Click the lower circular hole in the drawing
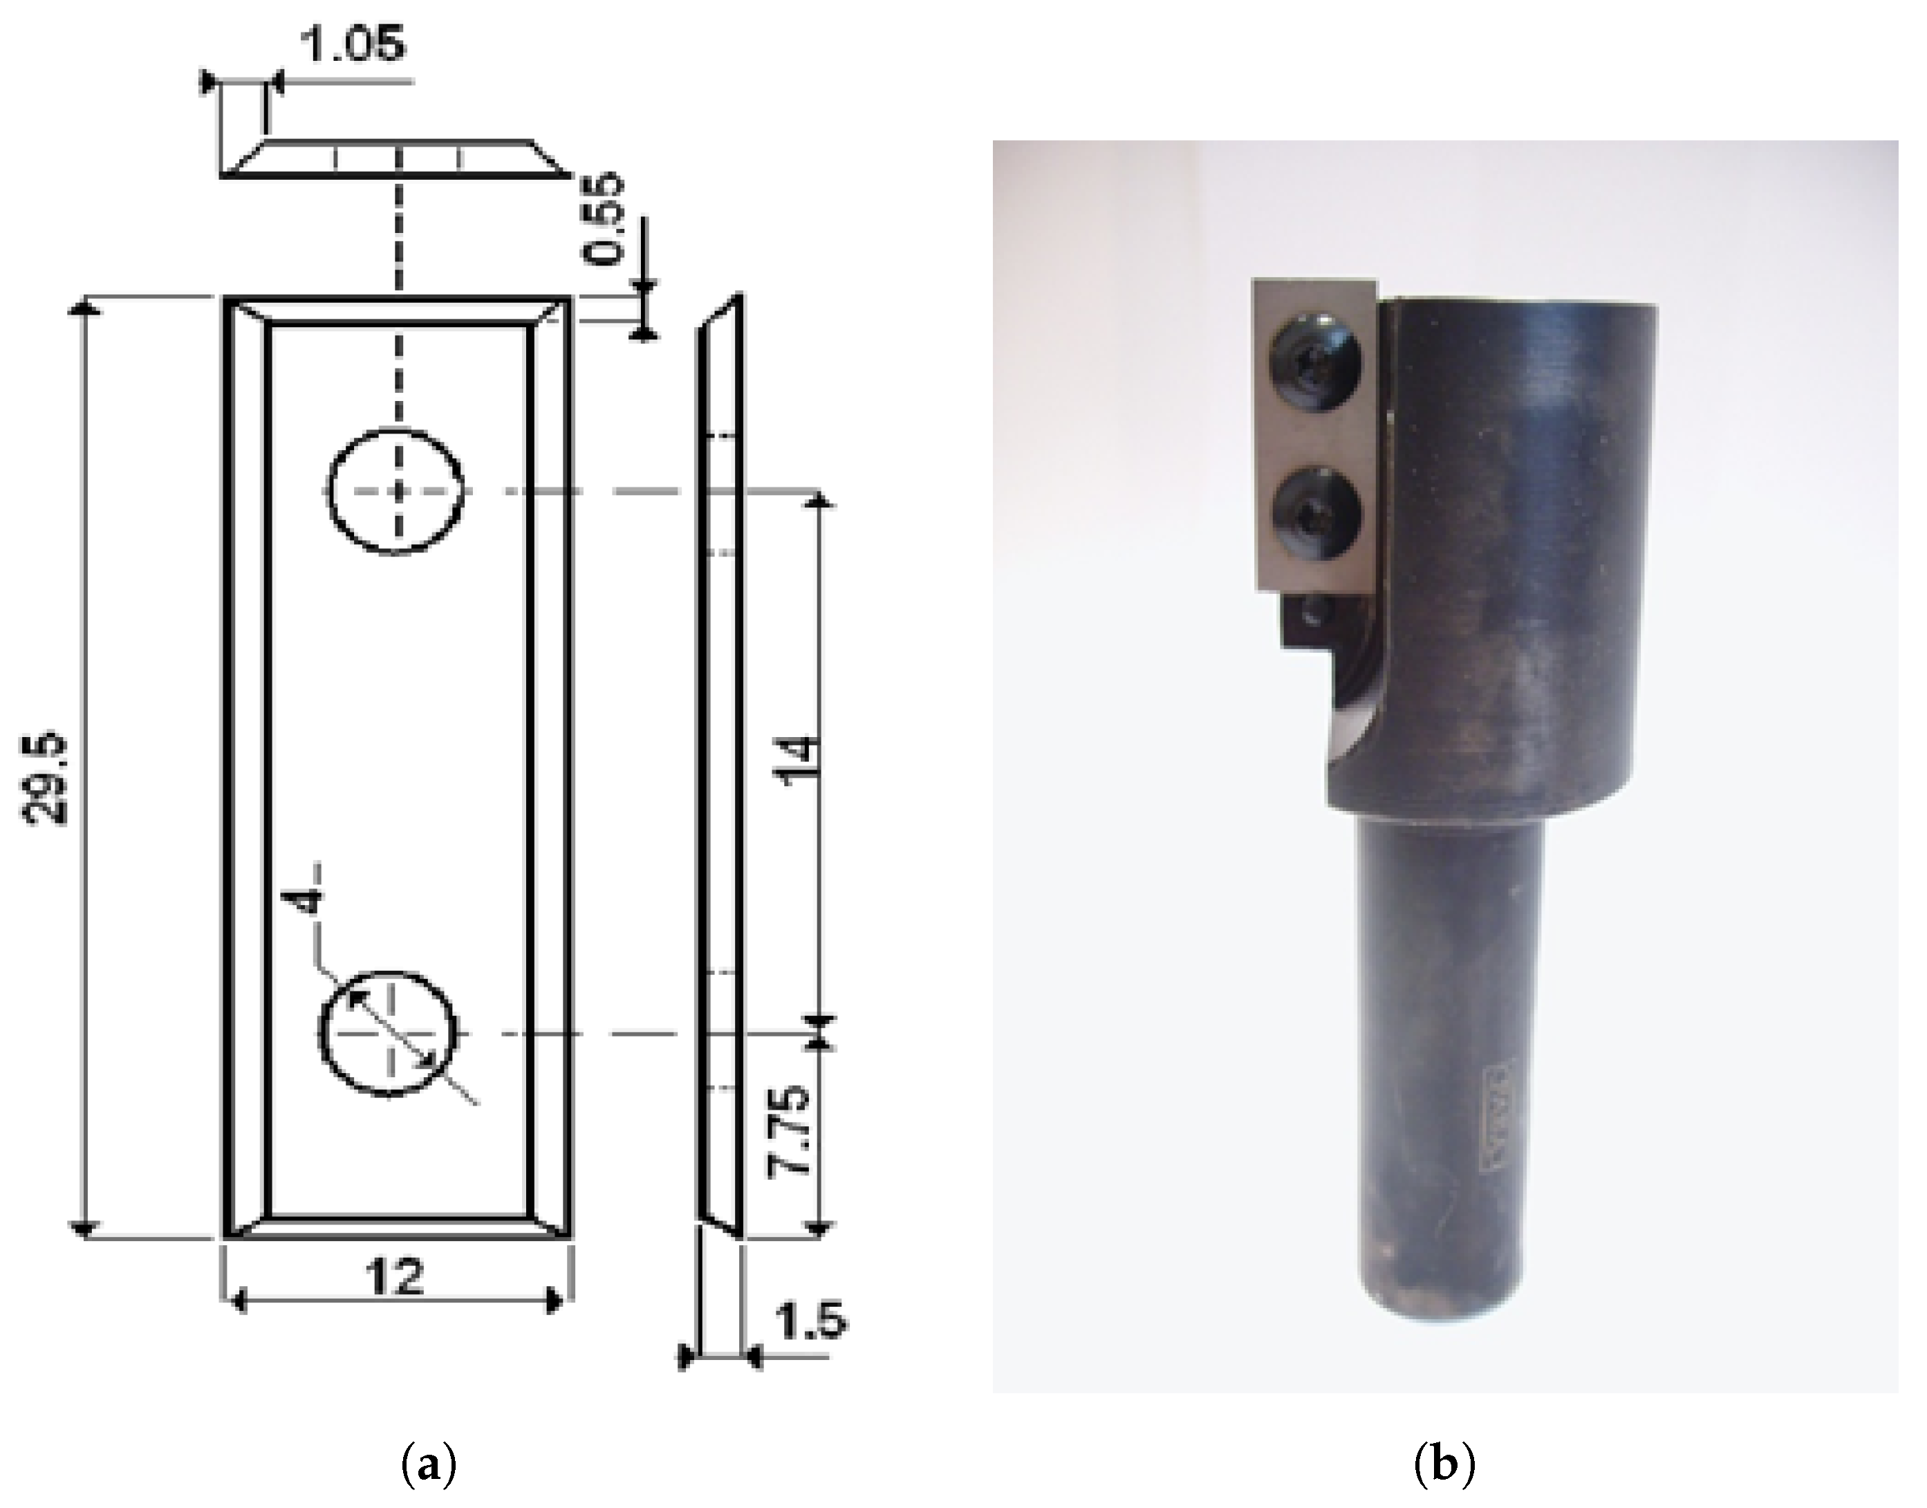389,1034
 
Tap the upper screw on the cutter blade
1312,364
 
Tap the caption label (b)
1445,1467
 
